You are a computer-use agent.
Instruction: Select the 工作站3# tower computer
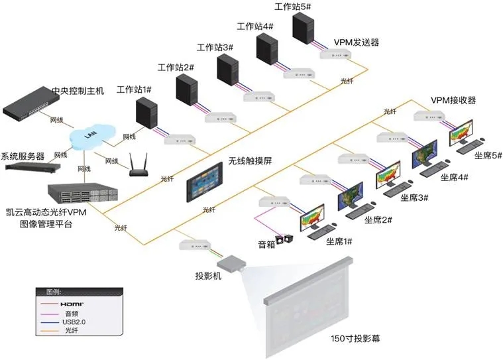pos(227,70)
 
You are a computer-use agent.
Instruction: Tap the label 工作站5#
pos(292,7)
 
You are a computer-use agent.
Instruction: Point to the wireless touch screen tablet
pos(204,182)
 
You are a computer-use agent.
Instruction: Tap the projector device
pos(231,263)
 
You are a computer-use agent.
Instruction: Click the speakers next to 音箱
pos(285,239)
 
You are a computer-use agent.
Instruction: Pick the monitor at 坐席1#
pos(313,218)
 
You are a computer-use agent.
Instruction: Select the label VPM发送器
pos(357,42)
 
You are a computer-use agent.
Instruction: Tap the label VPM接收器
pos(453,100)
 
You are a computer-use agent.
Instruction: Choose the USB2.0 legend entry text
pos(74,322)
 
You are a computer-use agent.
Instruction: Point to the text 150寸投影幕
pos(355,339)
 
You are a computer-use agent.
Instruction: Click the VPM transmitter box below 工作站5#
pos(335,54)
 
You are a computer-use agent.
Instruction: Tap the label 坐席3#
pos(414,198)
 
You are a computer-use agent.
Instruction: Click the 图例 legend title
pos(54,292)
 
